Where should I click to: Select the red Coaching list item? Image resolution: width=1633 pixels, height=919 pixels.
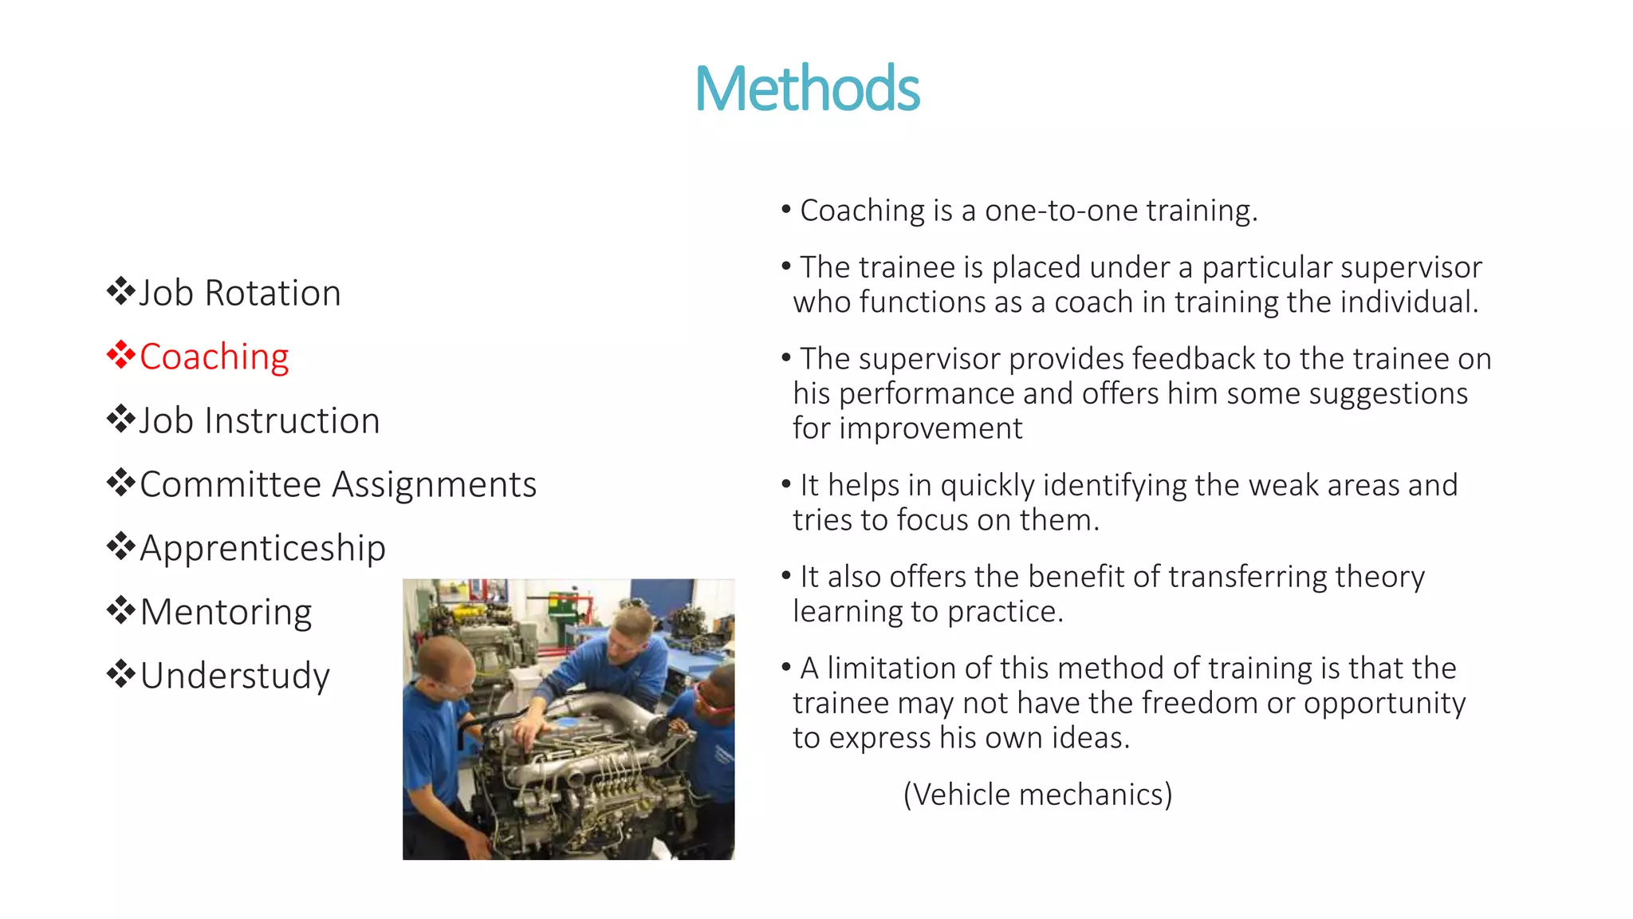(x=214, y=357)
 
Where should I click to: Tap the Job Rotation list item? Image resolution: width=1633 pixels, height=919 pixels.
(x=239, y=293)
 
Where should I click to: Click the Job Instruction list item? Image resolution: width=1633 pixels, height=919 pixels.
(x=259, y=420)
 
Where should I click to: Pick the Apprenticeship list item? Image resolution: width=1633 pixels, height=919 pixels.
(x=262, y=548)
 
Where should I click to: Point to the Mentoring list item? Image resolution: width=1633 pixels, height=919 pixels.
(x=226, y=612)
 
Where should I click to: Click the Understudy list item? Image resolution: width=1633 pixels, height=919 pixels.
(x=234, y=676)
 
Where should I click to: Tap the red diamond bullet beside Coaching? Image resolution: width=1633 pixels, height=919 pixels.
(x=120, y=355)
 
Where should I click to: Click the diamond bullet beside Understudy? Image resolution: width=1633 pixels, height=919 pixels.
(x=120, y=674)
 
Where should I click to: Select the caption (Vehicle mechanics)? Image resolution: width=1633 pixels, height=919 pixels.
(x=1037, y=795)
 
